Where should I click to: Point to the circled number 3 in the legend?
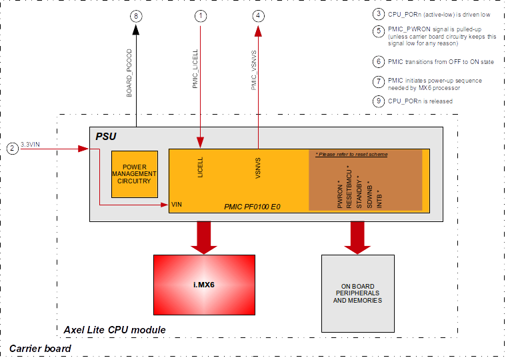379,14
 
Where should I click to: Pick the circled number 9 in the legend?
379,101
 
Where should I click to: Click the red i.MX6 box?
203,285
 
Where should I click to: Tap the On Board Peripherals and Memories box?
357,294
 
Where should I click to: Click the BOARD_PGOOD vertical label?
130,73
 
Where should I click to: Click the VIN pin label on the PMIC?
177,205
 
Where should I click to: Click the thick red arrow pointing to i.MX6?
203,238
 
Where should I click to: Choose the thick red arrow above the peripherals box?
357,238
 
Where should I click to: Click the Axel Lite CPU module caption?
114,330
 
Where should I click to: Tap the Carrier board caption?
39,349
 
